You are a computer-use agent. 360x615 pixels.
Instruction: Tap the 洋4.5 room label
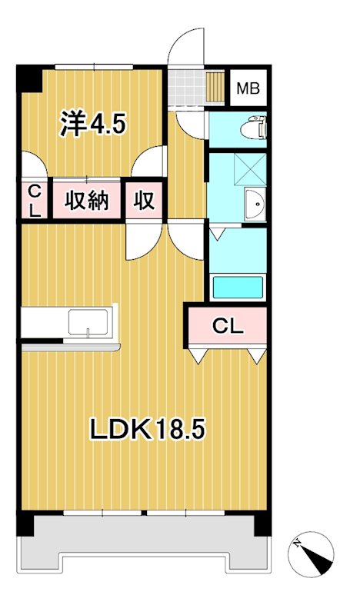(92, 123)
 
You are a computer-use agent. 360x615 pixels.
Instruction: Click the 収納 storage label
(85, 201)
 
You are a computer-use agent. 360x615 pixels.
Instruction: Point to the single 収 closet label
(145, 201)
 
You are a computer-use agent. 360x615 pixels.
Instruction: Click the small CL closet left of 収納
(34, 201)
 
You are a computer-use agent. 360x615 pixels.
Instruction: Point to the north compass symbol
(315, 554)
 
